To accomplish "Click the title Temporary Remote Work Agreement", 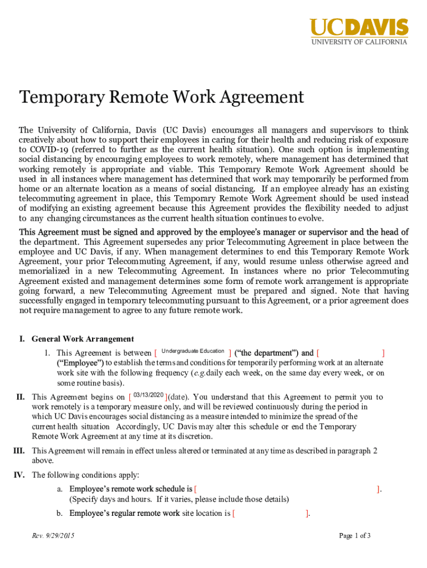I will (161, 98).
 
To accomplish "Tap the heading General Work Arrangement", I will (83, 339).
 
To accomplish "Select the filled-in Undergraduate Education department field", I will (192, 352).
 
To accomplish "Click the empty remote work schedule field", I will (286, 489).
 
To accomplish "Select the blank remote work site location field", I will (270, 514).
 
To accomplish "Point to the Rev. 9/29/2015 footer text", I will (53, 536).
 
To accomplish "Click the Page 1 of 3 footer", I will (354, 536).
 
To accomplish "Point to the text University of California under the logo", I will (359, 42).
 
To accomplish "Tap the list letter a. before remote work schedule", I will (59, 489).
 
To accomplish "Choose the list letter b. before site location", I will (59, 514).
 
